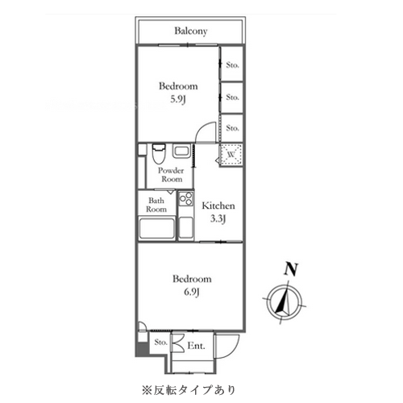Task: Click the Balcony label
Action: (191, 31)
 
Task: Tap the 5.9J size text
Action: (178, 100)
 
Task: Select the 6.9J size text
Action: (192, 292)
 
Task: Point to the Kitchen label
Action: (218, 206)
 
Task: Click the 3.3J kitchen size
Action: (218, 219)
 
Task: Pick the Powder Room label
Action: (171, 175)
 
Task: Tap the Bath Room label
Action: (156, 205)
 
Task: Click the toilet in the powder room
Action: (159, 154)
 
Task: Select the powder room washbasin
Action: (181, 151)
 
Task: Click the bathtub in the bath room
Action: (156, 228)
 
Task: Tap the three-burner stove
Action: (186, 199)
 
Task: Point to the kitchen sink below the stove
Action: (186, 228)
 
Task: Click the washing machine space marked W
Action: (231, 155)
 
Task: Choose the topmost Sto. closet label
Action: (232, 65)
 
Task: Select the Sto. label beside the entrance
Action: (160, 343)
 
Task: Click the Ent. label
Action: (196, 346)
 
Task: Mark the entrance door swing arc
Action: (233, 351)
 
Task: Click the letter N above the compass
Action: (291, 269)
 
